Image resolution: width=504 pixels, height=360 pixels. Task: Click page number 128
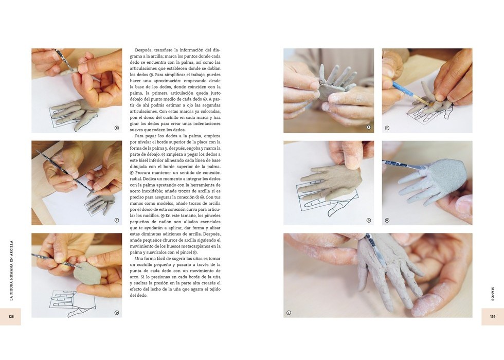point(11,317)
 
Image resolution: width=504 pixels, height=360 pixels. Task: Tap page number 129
point(493,317)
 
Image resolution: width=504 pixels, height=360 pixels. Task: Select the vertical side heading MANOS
point(493,294)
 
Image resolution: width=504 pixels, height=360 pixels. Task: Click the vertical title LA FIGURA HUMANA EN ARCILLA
point(11,271)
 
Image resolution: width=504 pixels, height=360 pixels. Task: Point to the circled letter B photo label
point(117,128)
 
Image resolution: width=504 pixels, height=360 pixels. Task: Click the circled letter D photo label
point(117,313)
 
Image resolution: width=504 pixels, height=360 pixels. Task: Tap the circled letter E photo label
point(369,128)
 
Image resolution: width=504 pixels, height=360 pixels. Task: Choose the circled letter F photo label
point(387,128)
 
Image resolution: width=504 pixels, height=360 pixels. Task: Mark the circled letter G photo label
point(369,220)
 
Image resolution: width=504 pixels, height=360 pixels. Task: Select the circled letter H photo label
point(387,220)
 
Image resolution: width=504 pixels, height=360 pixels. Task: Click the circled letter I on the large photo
point(289,313)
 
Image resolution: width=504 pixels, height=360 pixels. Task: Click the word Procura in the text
point(142,173)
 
